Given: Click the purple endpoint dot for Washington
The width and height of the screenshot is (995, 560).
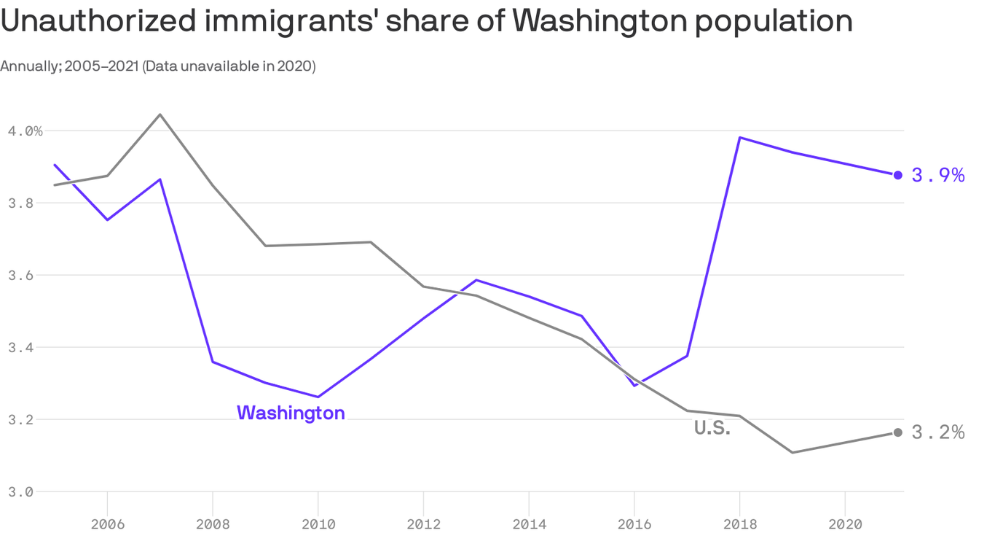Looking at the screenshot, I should [898, 175].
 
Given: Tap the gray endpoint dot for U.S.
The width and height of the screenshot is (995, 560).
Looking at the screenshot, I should [898, 432].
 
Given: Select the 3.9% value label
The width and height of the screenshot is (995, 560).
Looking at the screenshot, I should [938, 175].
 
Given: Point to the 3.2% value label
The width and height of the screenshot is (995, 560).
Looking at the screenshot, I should [938, 432].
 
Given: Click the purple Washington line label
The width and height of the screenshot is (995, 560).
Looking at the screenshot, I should [291, 413].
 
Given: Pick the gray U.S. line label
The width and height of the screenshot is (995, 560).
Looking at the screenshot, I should [712, 429].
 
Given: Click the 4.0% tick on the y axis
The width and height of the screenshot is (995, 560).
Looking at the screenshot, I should [25, 131].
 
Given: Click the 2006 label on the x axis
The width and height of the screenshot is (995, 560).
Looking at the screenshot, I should [107, 524].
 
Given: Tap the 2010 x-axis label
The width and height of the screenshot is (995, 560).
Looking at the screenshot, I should [318, 524].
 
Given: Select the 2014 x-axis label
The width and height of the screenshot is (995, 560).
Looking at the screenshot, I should [528, 524].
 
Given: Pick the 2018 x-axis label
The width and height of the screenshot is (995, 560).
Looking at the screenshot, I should [739, 524].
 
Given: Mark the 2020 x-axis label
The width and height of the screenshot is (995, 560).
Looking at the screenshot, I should [845, 524].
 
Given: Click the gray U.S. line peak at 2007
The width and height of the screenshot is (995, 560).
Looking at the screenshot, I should [160, 114].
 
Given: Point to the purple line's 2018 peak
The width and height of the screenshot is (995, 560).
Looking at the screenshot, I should [739, 137].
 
